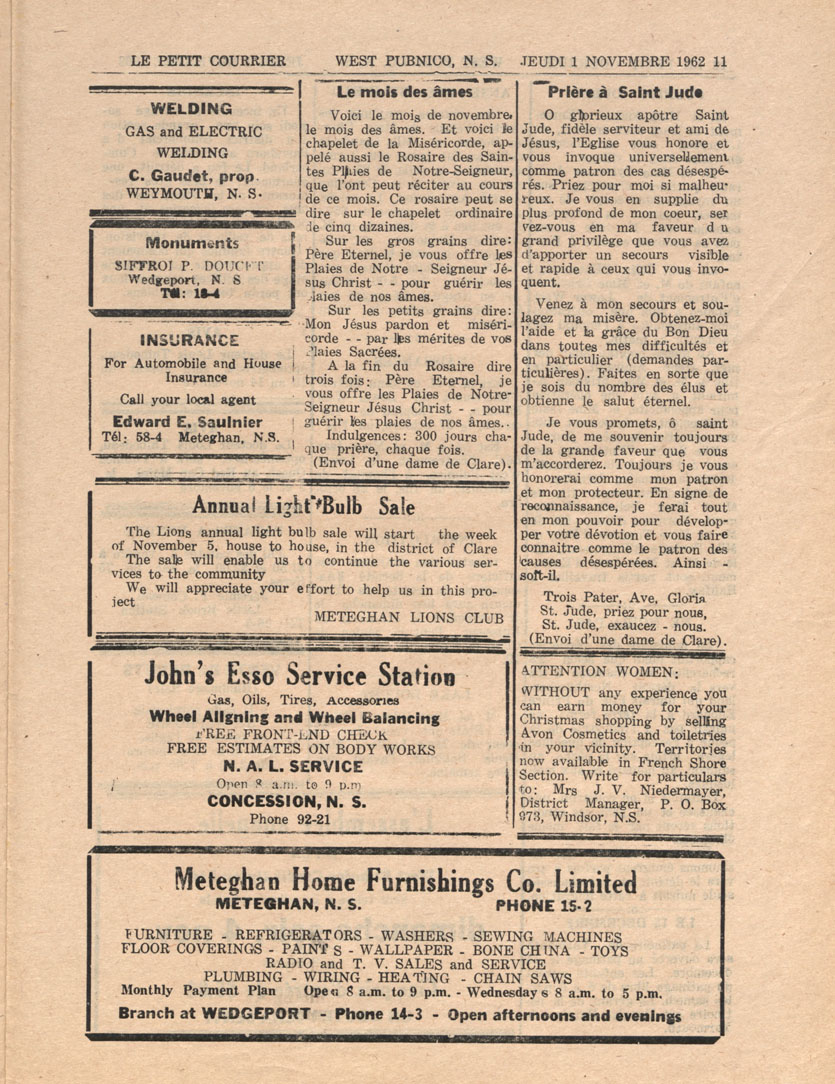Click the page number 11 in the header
pos(720,60)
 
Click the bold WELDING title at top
pos(191,109)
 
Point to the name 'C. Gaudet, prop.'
pos(192,175)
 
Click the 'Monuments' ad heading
pos(192,243)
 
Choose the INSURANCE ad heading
pos(193,341)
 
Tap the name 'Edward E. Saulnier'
pos(189,420)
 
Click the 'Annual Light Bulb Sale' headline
pos(303,503)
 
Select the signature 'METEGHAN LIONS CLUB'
pos(409,618)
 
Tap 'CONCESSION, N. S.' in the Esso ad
pos(287,801)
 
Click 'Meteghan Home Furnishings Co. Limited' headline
pos(405,882)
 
